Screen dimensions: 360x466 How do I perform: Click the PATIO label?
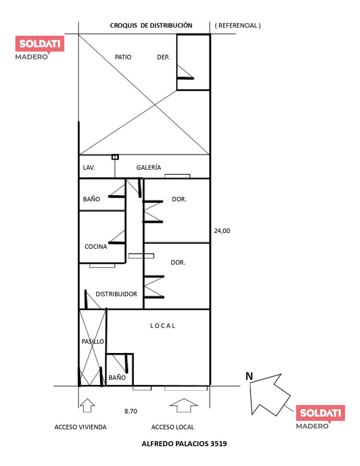(x=123, y=57)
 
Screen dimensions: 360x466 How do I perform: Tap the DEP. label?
(x=163, y=57)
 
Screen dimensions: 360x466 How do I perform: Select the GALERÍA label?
(x=149, y=167)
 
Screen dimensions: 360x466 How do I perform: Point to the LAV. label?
(x=89, y=167)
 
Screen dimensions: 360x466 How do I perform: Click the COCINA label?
(x=96, y=247)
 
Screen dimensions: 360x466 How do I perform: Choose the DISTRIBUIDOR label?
(x=116, y=294)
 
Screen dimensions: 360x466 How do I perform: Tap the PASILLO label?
(x=93, y=341)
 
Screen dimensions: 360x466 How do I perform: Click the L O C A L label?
(x=163, y=326)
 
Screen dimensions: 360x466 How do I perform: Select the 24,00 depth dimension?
(x=222, y=231)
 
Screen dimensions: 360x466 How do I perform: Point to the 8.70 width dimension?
(x=131, y=411)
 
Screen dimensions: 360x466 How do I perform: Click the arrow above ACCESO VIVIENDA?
(x=87, y=405)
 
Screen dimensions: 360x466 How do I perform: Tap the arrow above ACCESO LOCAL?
(x=184, y=405)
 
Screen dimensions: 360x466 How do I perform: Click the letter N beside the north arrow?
(x=249, y=376)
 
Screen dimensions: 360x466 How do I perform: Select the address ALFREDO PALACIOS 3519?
(x=184, y=444)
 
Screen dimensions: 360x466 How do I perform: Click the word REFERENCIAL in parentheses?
(x=238, y=26)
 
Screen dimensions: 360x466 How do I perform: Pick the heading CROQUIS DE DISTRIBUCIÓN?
(x=151, y=26)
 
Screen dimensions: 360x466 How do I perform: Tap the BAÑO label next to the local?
(x=117, y=377)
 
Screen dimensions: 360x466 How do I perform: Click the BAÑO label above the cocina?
(x=92, y=199)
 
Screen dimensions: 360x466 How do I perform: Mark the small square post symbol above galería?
(x=115, y=157)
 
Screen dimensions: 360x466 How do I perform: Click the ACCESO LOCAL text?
(x=172, y=427)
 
